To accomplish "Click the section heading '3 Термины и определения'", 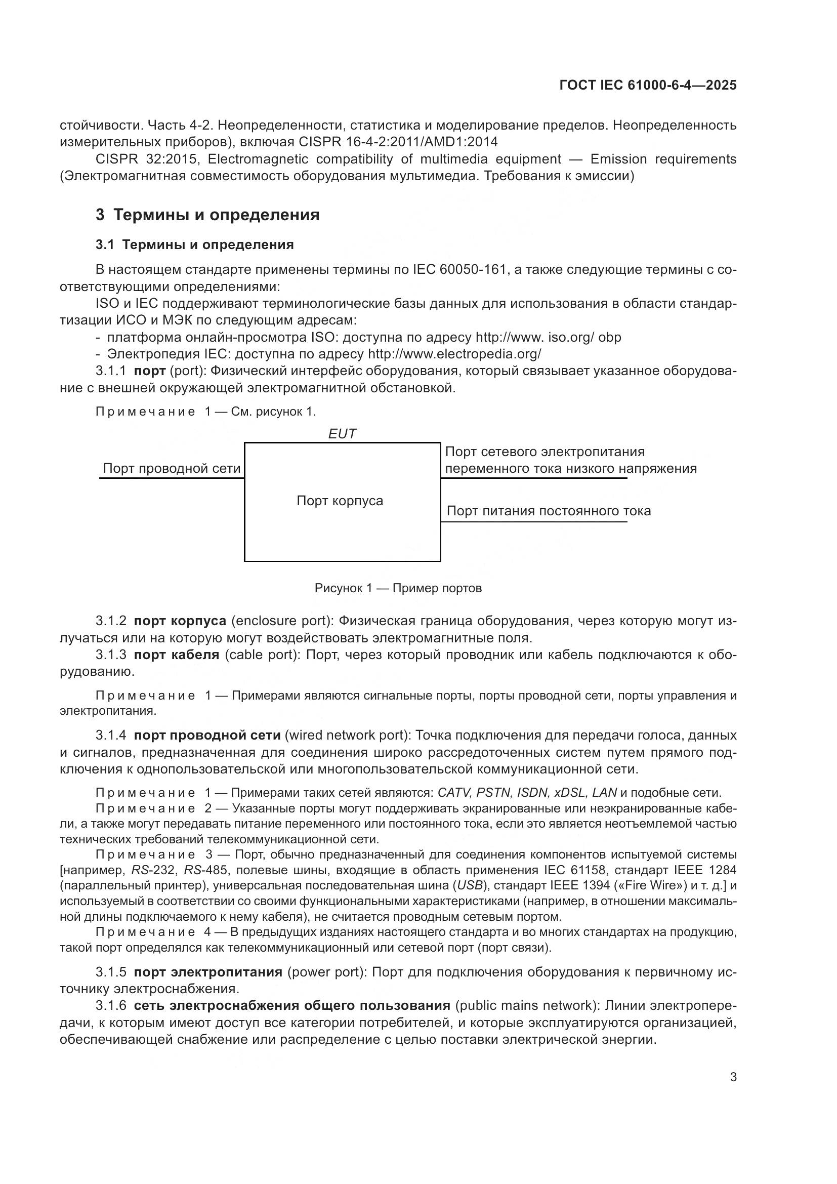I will (x=207, y=215).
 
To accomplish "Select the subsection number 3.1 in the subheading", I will (x=105, y=245).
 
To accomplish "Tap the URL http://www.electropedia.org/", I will (x=454, y=354).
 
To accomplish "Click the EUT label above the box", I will (x=342, y=434).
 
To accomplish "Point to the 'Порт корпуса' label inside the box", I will (x=340, y=501).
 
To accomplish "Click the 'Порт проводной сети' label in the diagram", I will (x=172, y=468).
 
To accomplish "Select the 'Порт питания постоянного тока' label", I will (x=549, y=511).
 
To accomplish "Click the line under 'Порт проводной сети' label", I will (x=172, y=478).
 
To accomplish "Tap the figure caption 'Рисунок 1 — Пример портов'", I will (x=398, y=588).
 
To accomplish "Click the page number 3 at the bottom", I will (x=733, y=1077).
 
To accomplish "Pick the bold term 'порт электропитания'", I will (x=207, y=972).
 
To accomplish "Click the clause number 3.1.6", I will (x=111, y=1006).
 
